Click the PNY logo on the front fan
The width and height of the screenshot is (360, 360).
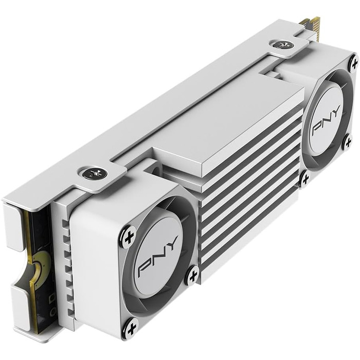(x=158, y=256)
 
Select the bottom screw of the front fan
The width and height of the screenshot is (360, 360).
(x=131, y=326)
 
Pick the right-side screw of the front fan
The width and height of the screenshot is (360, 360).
(x=192, y=275)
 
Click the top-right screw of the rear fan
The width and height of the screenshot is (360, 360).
(x=353, y=63)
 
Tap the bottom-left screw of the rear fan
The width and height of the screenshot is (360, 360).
(x=304, y=178)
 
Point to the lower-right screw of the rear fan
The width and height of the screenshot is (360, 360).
(x=348, y=142)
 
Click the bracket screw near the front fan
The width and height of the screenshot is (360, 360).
(x=96, y=174)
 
